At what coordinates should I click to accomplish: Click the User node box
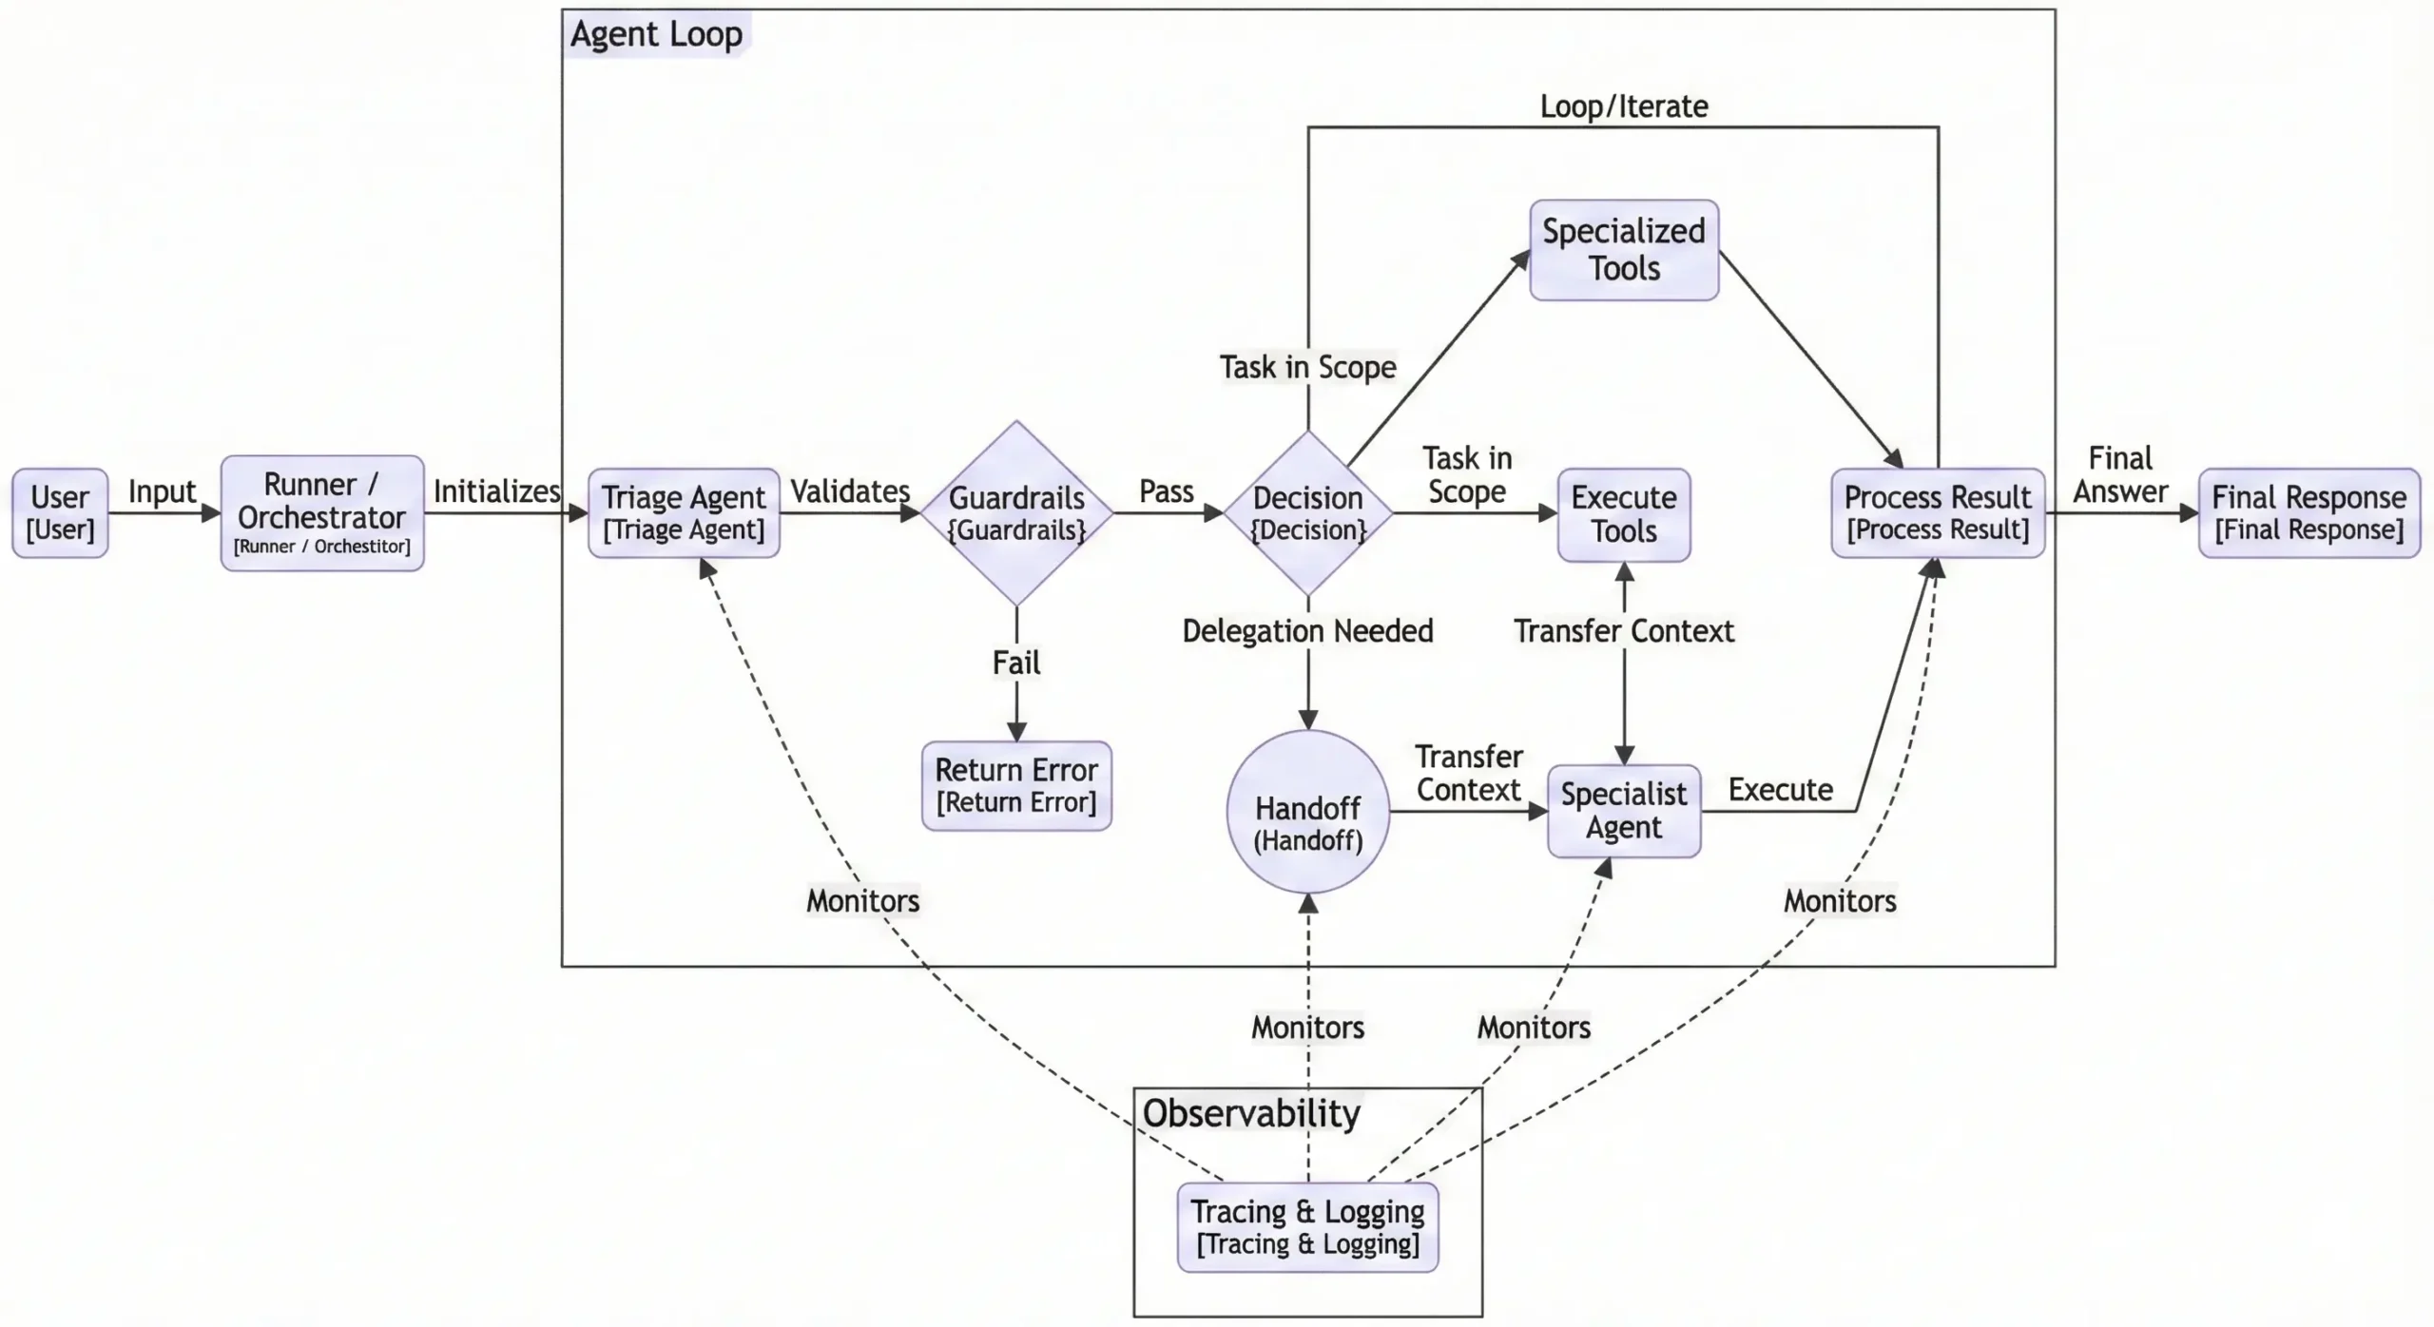click(x=60, y=513)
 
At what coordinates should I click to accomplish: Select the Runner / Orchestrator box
click(x=322, y=513)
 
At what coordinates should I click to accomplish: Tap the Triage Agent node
click(x=684, y=513)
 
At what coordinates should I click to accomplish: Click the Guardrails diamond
click(x=1016, y=513)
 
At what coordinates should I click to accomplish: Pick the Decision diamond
click(x=1308, y=513)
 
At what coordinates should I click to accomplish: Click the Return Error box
click(x=1016, y=786)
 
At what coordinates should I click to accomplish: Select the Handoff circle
click(x=1308, y=812)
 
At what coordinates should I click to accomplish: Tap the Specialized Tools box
click(x=1624, y=250)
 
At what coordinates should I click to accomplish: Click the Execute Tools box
click(x=1624, y=514)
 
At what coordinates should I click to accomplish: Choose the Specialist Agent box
click(x=1624, y=811)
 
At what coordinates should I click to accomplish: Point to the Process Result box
click(x=1938, y=513)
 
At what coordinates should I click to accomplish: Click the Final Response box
click(x=2308, y=513)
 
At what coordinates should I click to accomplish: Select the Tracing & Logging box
click(x=1307, y=1227)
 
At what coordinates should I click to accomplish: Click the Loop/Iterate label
click(x=1624, y=106)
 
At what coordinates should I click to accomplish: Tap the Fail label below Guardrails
click(x=1016, y=663)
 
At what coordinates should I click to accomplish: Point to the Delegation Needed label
click(x=1307, y=631)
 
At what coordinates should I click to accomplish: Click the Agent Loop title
click(x=656, y=34)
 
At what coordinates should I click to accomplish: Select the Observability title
click(x=1251, y=1113)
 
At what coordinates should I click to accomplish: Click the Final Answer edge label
click(x=2120, y=475)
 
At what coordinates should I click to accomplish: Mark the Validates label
click(x=850, y=491)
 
